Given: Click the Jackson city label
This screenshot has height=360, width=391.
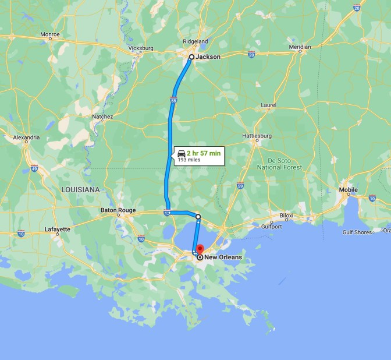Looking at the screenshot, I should coord(208,57).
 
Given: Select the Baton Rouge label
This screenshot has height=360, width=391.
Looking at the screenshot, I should coord(118,210).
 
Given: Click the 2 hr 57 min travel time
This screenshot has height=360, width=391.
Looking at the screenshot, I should coord(204,153).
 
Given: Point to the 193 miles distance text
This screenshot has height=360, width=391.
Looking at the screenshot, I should coord(189,160).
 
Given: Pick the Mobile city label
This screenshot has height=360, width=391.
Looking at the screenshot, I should coord(349,190).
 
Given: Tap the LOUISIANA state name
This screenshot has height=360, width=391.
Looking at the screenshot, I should coord(80,190).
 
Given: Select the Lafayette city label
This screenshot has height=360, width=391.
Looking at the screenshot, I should coord(57,230).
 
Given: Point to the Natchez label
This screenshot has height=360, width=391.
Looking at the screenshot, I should coord(102,117).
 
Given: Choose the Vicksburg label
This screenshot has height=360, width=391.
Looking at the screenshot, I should coord(140,48).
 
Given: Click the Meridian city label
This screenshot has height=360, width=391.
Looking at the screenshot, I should coord(300,47).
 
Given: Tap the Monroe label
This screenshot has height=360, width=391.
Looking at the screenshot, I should coord(50,34).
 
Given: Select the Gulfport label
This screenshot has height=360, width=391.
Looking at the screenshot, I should coord(271,226).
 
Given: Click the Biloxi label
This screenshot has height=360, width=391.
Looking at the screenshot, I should coord(286,215).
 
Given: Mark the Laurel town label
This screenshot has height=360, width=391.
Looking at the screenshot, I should coord(269,105).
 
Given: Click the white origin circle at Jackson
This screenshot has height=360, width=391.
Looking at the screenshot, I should coord(191,57).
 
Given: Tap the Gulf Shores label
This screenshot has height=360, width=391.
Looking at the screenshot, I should coord(357,232).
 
